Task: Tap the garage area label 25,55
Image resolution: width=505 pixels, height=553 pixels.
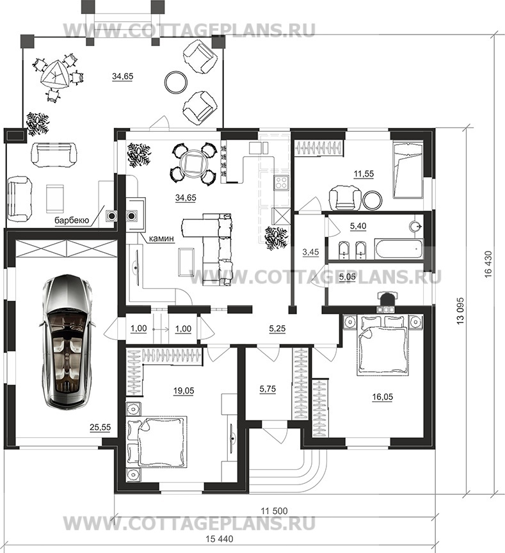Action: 100,428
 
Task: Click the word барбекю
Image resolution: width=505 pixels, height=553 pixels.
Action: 71,220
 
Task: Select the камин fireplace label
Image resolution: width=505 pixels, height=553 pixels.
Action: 161,239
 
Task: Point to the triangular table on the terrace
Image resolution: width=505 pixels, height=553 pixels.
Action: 54,75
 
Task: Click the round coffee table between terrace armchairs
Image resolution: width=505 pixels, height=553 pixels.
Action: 176,81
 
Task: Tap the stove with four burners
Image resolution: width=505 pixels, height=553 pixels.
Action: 281,182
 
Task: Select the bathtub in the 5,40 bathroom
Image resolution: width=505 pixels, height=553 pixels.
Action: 399,250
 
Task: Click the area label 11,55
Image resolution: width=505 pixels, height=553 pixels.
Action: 364,174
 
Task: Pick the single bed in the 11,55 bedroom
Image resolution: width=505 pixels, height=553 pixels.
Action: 408,169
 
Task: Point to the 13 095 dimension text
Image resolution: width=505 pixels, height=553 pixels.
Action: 461,311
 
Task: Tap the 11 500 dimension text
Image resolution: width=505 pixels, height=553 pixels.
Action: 274,510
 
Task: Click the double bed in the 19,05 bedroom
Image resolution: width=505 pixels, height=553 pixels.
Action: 161,442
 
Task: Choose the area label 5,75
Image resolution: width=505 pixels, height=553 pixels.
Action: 268,389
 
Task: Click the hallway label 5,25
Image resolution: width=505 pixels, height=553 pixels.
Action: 277,328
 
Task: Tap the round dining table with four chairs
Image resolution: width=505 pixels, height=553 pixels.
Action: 193,163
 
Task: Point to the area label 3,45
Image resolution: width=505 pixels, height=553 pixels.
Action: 310,252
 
